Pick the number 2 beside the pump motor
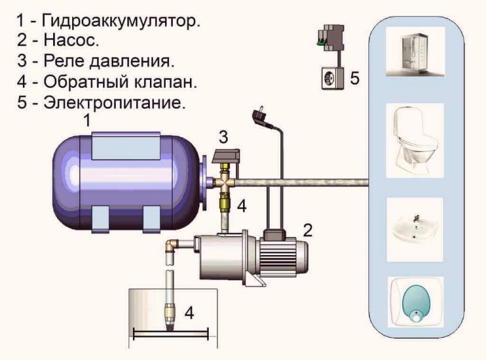point(308,229)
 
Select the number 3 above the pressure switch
point(223,135)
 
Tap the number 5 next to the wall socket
point(355,78)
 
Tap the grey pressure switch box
point(226,156)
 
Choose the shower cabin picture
point(414,51)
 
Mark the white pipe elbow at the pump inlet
point(171,246)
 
